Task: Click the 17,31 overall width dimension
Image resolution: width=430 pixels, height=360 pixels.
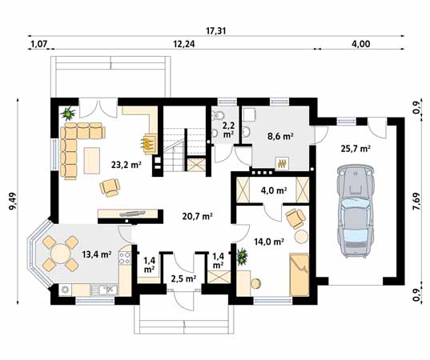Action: point(215,30)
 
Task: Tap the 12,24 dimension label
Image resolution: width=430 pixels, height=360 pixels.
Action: point(186,45)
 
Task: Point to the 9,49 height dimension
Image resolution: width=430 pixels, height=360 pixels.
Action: point(12,199)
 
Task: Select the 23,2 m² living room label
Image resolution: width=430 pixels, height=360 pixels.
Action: point(127,165)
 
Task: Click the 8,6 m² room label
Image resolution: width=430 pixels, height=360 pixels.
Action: point(279,137)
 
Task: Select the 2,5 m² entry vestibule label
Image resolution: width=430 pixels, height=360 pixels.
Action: point(183,279)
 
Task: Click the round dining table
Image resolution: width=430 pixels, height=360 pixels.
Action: point(59,255)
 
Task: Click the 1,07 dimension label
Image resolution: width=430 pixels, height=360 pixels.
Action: point(38,45)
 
